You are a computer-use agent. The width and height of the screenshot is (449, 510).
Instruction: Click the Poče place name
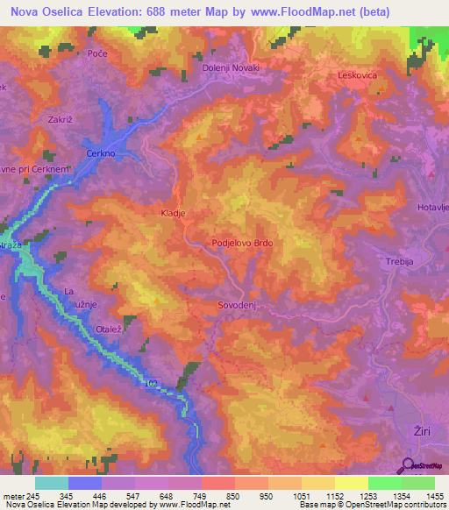click(x=98, y=54)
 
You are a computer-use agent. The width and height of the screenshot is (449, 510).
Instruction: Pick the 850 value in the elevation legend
click(x=232, y=496)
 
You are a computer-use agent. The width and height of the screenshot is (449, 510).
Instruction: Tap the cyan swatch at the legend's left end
click(x=51, y=483)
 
